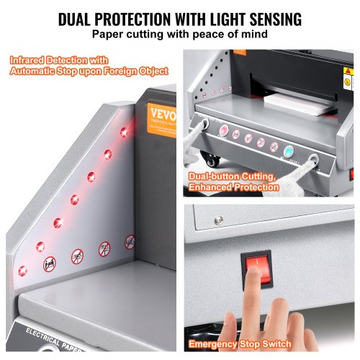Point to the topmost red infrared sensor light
click(124, 130)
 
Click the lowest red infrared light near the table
click(23, 270)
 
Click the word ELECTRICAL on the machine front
click(48, 333)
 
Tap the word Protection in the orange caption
click(256, 187)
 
